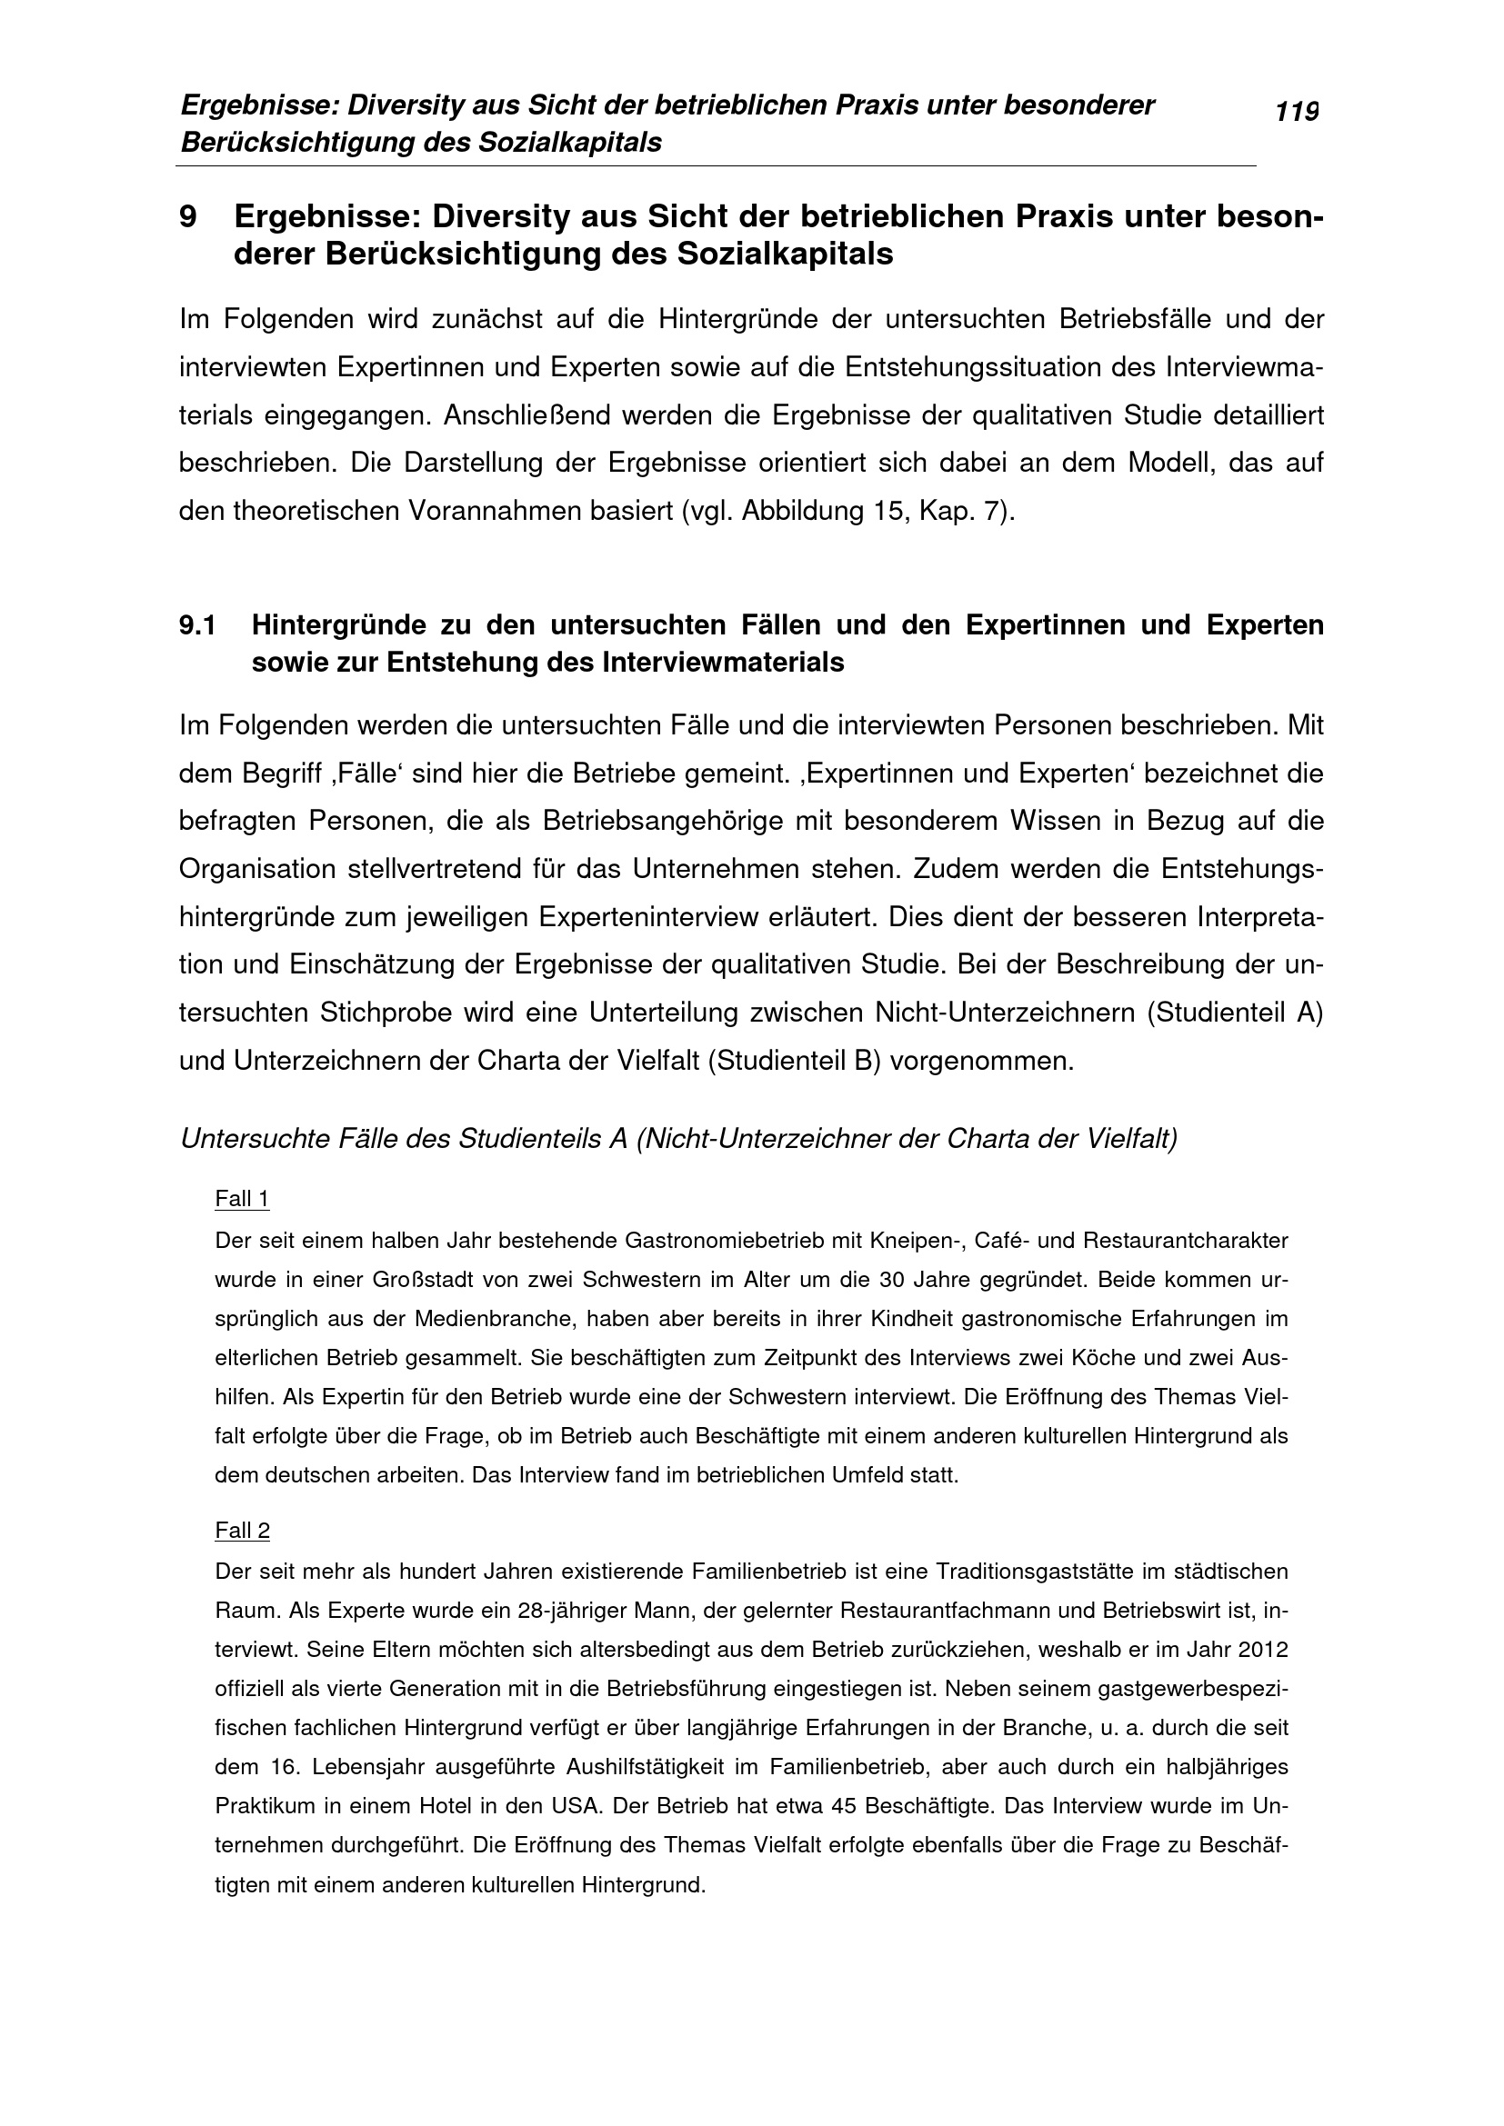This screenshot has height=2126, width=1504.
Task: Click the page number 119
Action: (x=1297, y=112)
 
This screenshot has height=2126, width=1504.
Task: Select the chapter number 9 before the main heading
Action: (x=188, y=216)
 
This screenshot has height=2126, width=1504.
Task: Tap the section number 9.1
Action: (x=197, y=625)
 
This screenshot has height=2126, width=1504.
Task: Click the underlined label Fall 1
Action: (x=242, y=1199)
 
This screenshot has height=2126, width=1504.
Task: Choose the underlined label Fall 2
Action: (x=242, y=1531)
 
